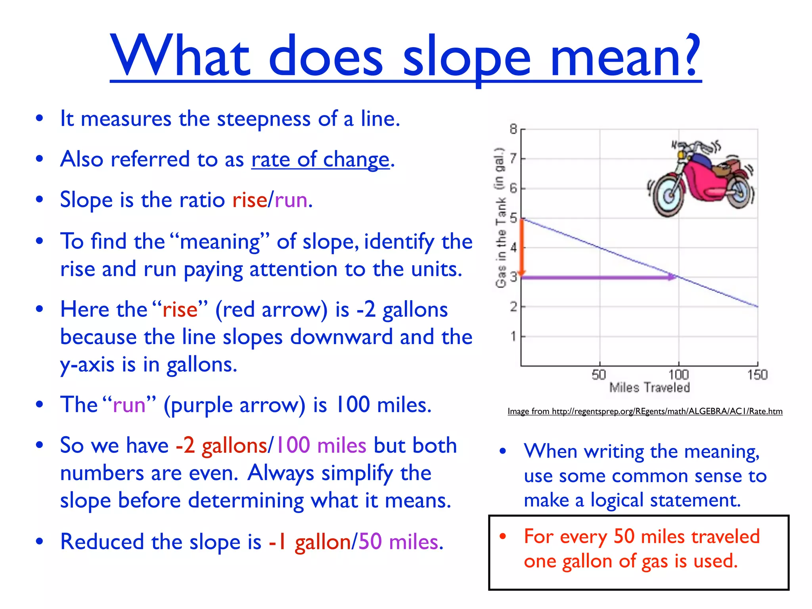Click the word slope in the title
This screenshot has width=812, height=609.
coord(466,59)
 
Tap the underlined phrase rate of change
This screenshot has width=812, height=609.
coord(320,159)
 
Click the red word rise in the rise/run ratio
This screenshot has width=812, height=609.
coord(249,200)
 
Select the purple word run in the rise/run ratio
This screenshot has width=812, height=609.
coord(291,200)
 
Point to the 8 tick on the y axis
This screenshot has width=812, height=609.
coord(513,129)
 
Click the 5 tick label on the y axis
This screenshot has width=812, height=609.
coord(513,218)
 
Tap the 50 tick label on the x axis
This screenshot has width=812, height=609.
coord(599,375)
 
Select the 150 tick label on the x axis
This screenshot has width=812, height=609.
coord(757,375)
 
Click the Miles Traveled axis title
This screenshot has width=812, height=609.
coord(649,387)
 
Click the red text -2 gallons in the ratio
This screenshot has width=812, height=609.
coord(221,445)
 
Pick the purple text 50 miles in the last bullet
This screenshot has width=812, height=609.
coord(399,542)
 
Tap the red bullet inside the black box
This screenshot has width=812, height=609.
coord(503,536)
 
